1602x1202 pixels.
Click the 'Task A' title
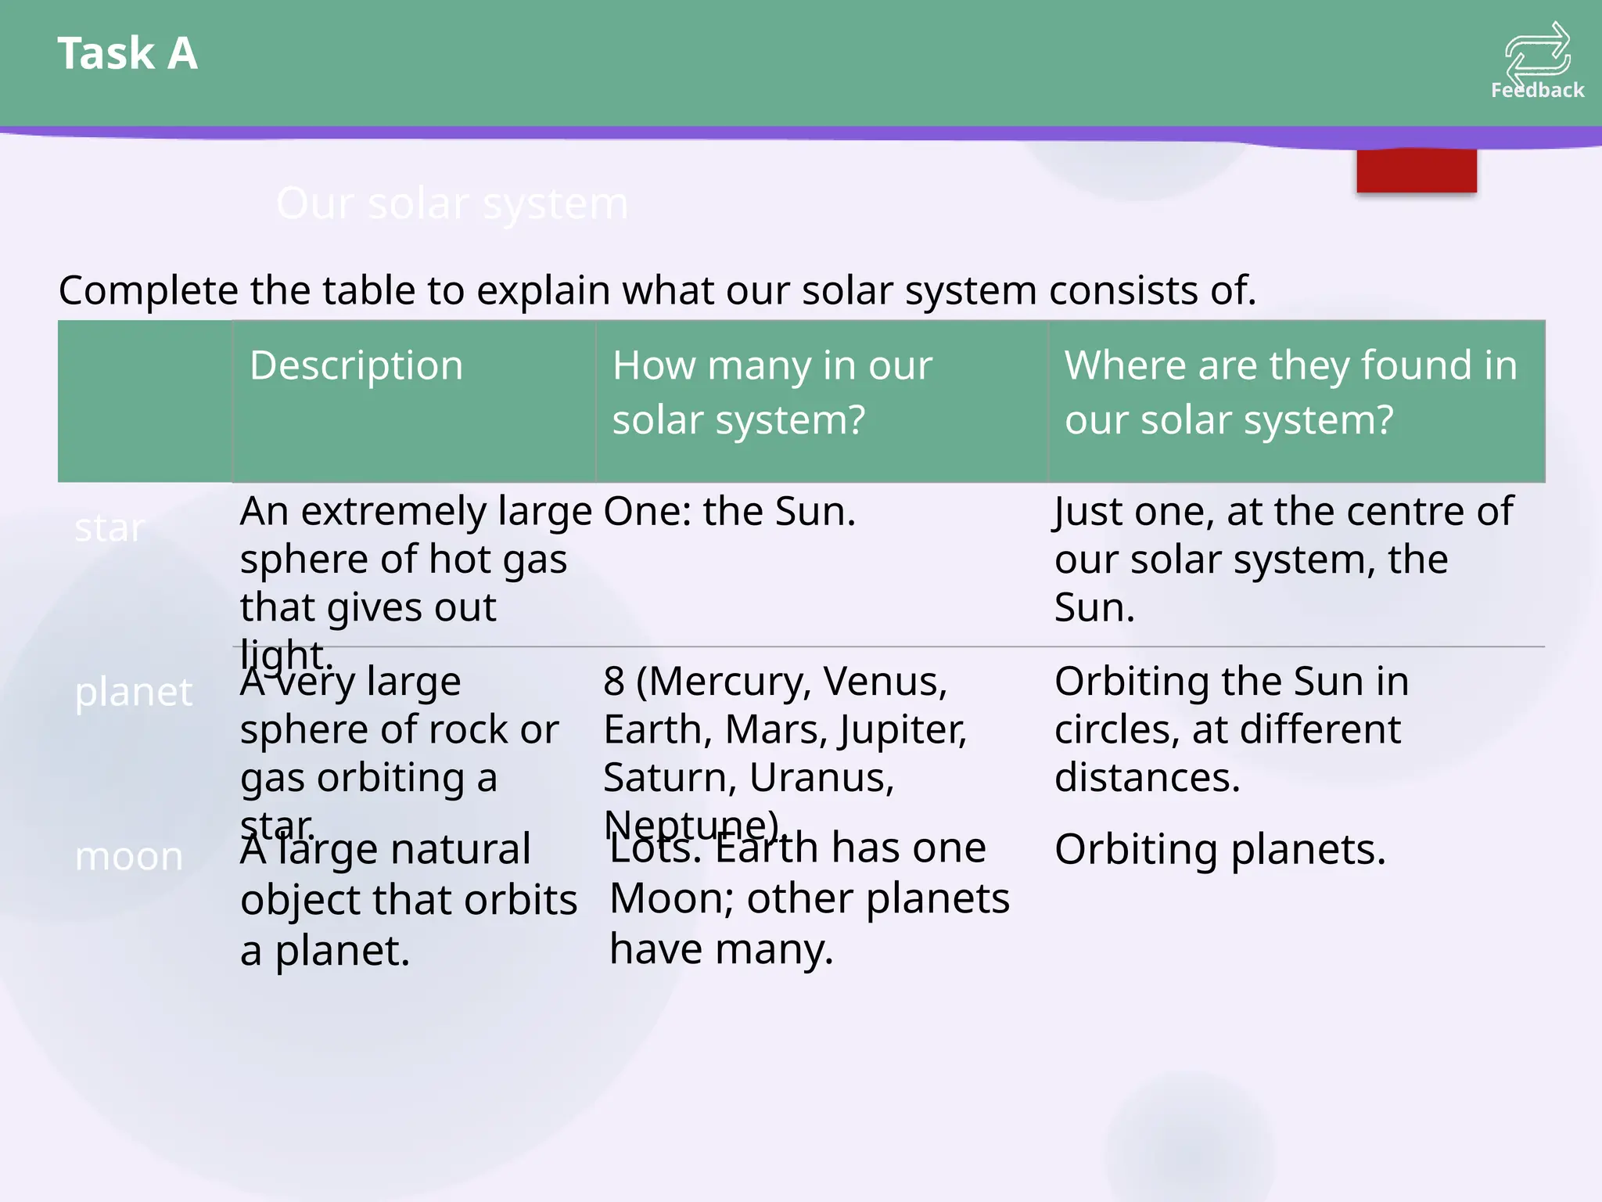coord(128,53)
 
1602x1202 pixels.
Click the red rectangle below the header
coord(1417,171)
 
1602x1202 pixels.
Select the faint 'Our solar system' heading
coord(452,203)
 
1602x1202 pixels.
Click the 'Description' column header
coord(357,365)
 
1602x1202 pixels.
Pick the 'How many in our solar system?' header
coord(772,392)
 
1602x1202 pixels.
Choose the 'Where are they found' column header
coord(1291,392)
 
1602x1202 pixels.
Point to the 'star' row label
coord(110,527)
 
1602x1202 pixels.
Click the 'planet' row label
coord(133,692)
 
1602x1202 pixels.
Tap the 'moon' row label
coord(129,856)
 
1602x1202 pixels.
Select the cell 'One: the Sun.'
coord(730,511)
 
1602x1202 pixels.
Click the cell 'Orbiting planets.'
coord(1219,849)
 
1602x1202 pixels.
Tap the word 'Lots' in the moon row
coord(655,848)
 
